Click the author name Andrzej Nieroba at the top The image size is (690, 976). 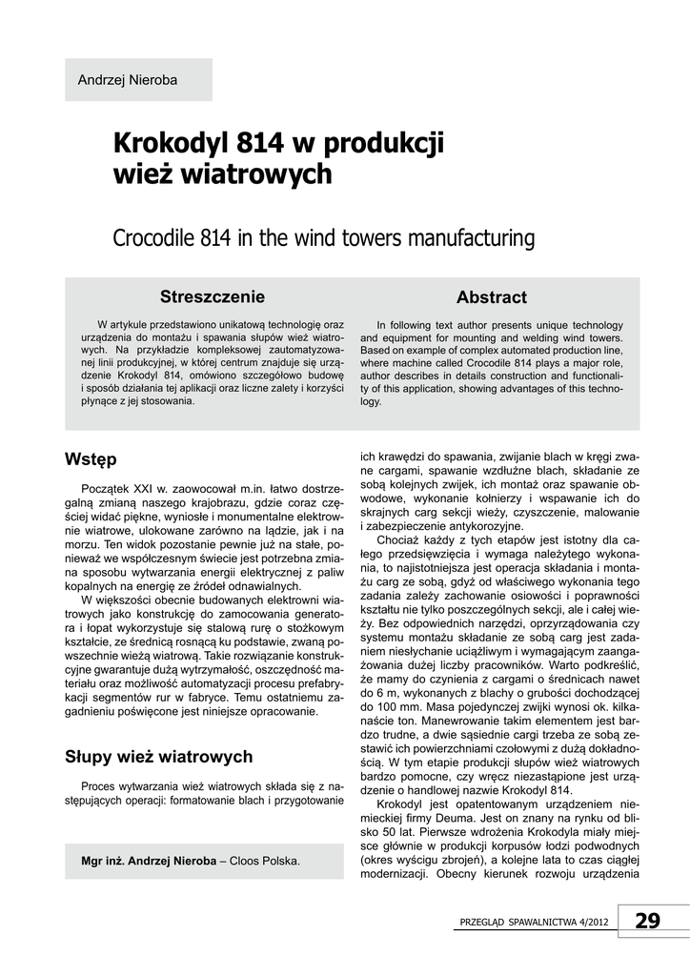(x=127, y=80)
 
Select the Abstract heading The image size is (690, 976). (x=491, y=297)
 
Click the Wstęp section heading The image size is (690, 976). (x=91, y=459)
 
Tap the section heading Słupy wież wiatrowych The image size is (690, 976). (x=158, y=757)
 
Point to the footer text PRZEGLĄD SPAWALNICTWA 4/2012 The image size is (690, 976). (x=533, y=923)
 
